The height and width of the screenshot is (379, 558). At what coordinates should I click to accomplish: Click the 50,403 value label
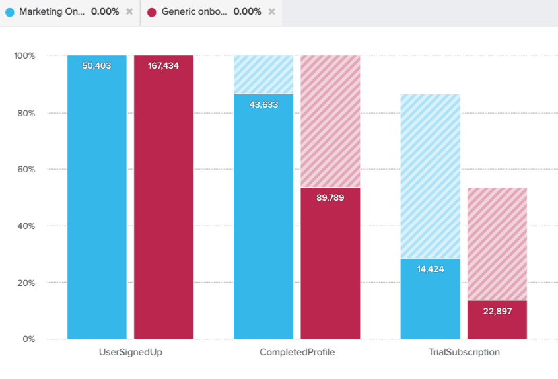[x=96, y=66]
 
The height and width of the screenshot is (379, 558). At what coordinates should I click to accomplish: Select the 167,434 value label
[x=163, y=66]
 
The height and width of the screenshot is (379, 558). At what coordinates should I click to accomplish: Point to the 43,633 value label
[x=263, y=104]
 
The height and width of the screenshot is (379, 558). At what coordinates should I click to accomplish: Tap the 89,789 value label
[x=330, y=197]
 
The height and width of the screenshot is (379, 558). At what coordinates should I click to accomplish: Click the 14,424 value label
[x=431, y=269]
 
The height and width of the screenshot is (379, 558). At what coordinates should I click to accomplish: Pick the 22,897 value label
[x=497, y=311]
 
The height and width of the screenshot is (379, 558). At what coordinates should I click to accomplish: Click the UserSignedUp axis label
[x=130, y=353]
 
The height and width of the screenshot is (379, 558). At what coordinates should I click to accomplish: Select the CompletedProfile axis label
[x=297, y=353]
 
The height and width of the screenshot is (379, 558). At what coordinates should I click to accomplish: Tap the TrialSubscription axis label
[x=464, y=353]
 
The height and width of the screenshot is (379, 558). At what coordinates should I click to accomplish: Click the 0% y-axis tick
[x=28, y=339]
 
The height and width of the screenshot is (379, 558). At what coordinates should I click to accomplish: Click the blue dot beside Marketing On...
[x=9, y=12]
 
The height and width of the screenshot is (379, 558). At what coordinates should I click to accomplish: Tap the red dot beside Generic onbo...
[x=152, y=12]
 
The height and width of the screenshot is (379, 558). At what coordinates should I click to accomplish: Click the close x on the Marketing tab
[x=129, y=12]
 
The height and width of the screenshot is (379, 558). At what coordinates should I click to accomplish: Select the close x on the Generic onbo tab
[x=271, y=12]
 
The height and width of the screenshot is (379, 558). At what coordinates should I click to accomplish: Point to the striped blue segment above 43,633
[x=263, y=75]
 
